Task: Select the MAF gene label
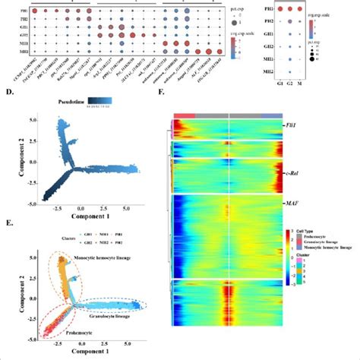point(292,204)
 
